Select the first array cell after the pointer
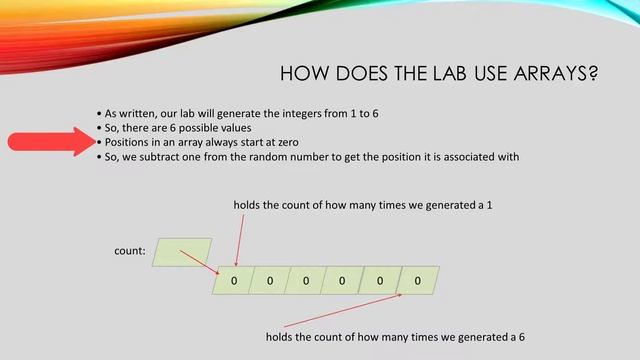233,281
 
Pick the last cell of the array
417,281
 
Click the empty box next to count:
182,252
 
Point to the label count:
130,252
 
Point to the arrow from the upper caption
237,238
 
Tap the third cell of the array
306,281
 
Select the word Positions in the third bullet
130,143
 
